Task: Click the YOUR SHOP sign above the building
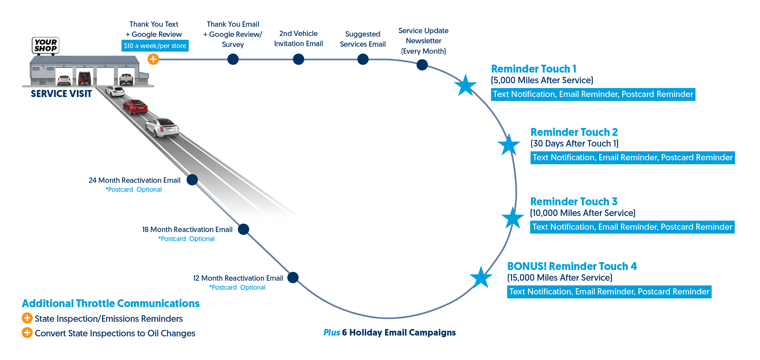(x=45, y=45)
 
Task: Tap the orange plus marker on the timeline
(x=153, y=59)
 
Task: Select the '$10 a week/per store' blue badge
(x=155, y=46)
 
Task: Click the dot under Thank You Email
(x=233, y=59)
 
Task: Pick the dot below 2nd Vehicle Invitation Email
(x=298, y=59)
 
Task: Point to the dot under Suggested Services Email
(x=363, y=59)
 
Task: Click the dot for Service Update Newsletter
(x=422, y=65)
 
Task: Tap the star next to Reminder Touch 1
(x=465, y=85)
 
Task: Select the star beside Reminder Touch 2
(x=509, y=145)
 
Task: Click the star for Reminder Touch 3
(x=513, y=218)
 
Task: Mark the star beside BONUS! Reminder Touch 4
(x=481, y=277)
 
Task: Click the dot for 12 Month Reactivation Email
(x=293, y=277)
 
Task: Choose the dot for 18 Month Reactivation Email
(x=243, y=229)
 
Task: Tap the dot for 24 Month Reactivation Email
(x=192, y=179)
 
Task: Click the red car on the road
(x=135, y=107)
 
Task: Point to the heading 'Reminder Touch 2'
(x=574, y=132)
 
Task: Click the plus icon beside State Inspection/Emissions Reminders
(x=27, y=318)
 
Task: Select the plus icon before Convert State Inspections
(x=27, y=333)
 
